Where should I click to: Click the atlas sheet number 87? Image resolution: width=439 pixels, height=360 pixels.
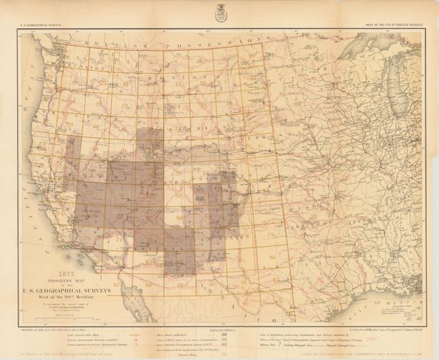click(116, 284)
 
